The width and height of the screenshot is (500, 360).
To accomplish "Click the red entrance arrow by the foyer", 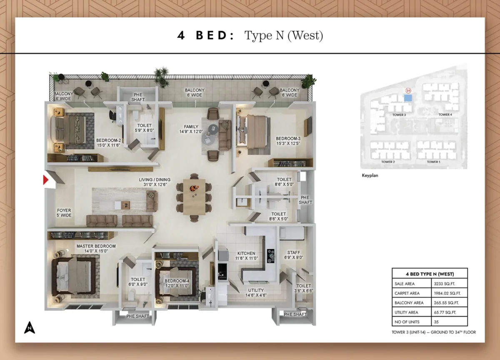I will [x=46, y=180].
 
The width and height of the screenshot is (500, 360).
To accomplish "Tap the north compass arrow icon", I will [x=29, y=328].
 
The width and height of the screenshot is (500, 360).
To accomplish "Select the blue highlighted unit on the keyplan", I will [x=408, y=98].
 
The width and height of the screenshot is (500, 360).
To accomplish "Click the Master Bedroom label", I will [x=96, y=249].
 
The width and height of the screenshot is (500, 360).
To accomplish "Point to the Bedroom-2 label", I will [x=108, y=143].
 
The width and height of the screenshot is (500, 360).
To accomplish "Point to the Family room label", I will [x=191, y=129].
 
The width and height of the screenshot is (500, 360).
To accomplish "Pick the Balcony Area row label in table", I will [x=409, y=303].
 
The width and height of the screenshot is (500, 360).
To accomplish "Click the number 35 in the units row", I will [x=437, y=322].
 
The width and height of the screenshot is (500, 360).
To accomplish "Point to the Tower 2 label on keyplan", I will [x=387, y=162].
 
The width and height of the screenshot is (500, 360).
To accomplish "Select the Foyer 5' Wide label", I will [x=64, y=213].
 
